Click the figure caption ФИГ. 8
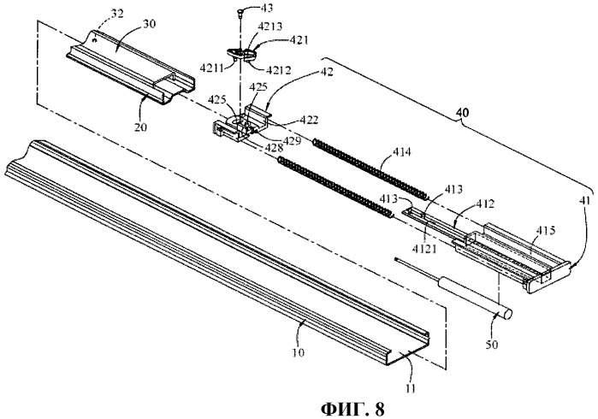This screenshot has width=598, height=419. (352, 409)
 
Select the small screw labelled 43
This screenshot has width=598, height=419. (239, 13)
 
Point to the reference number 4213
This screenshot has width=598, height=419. (270, 27)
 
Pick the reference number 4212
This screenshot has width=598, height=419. (278, 70)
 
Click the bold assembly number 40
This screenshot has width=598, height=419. (462, 113)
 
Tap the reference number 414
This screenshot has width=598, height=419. (401, 152)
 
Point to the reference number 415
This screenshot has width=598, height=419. (546, 230)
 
